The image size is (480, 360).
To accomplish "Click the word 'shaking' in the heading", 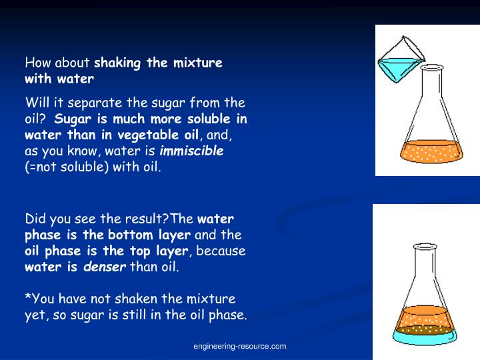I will (x=117, y=63).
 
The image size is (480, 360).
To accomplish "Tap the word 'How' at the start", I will (x=35, y=63).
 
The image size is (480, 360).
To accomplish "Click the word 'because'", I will (x=222, y=251).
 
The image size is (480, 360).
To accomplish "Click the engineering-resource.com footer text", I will (x=240, y=346).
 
